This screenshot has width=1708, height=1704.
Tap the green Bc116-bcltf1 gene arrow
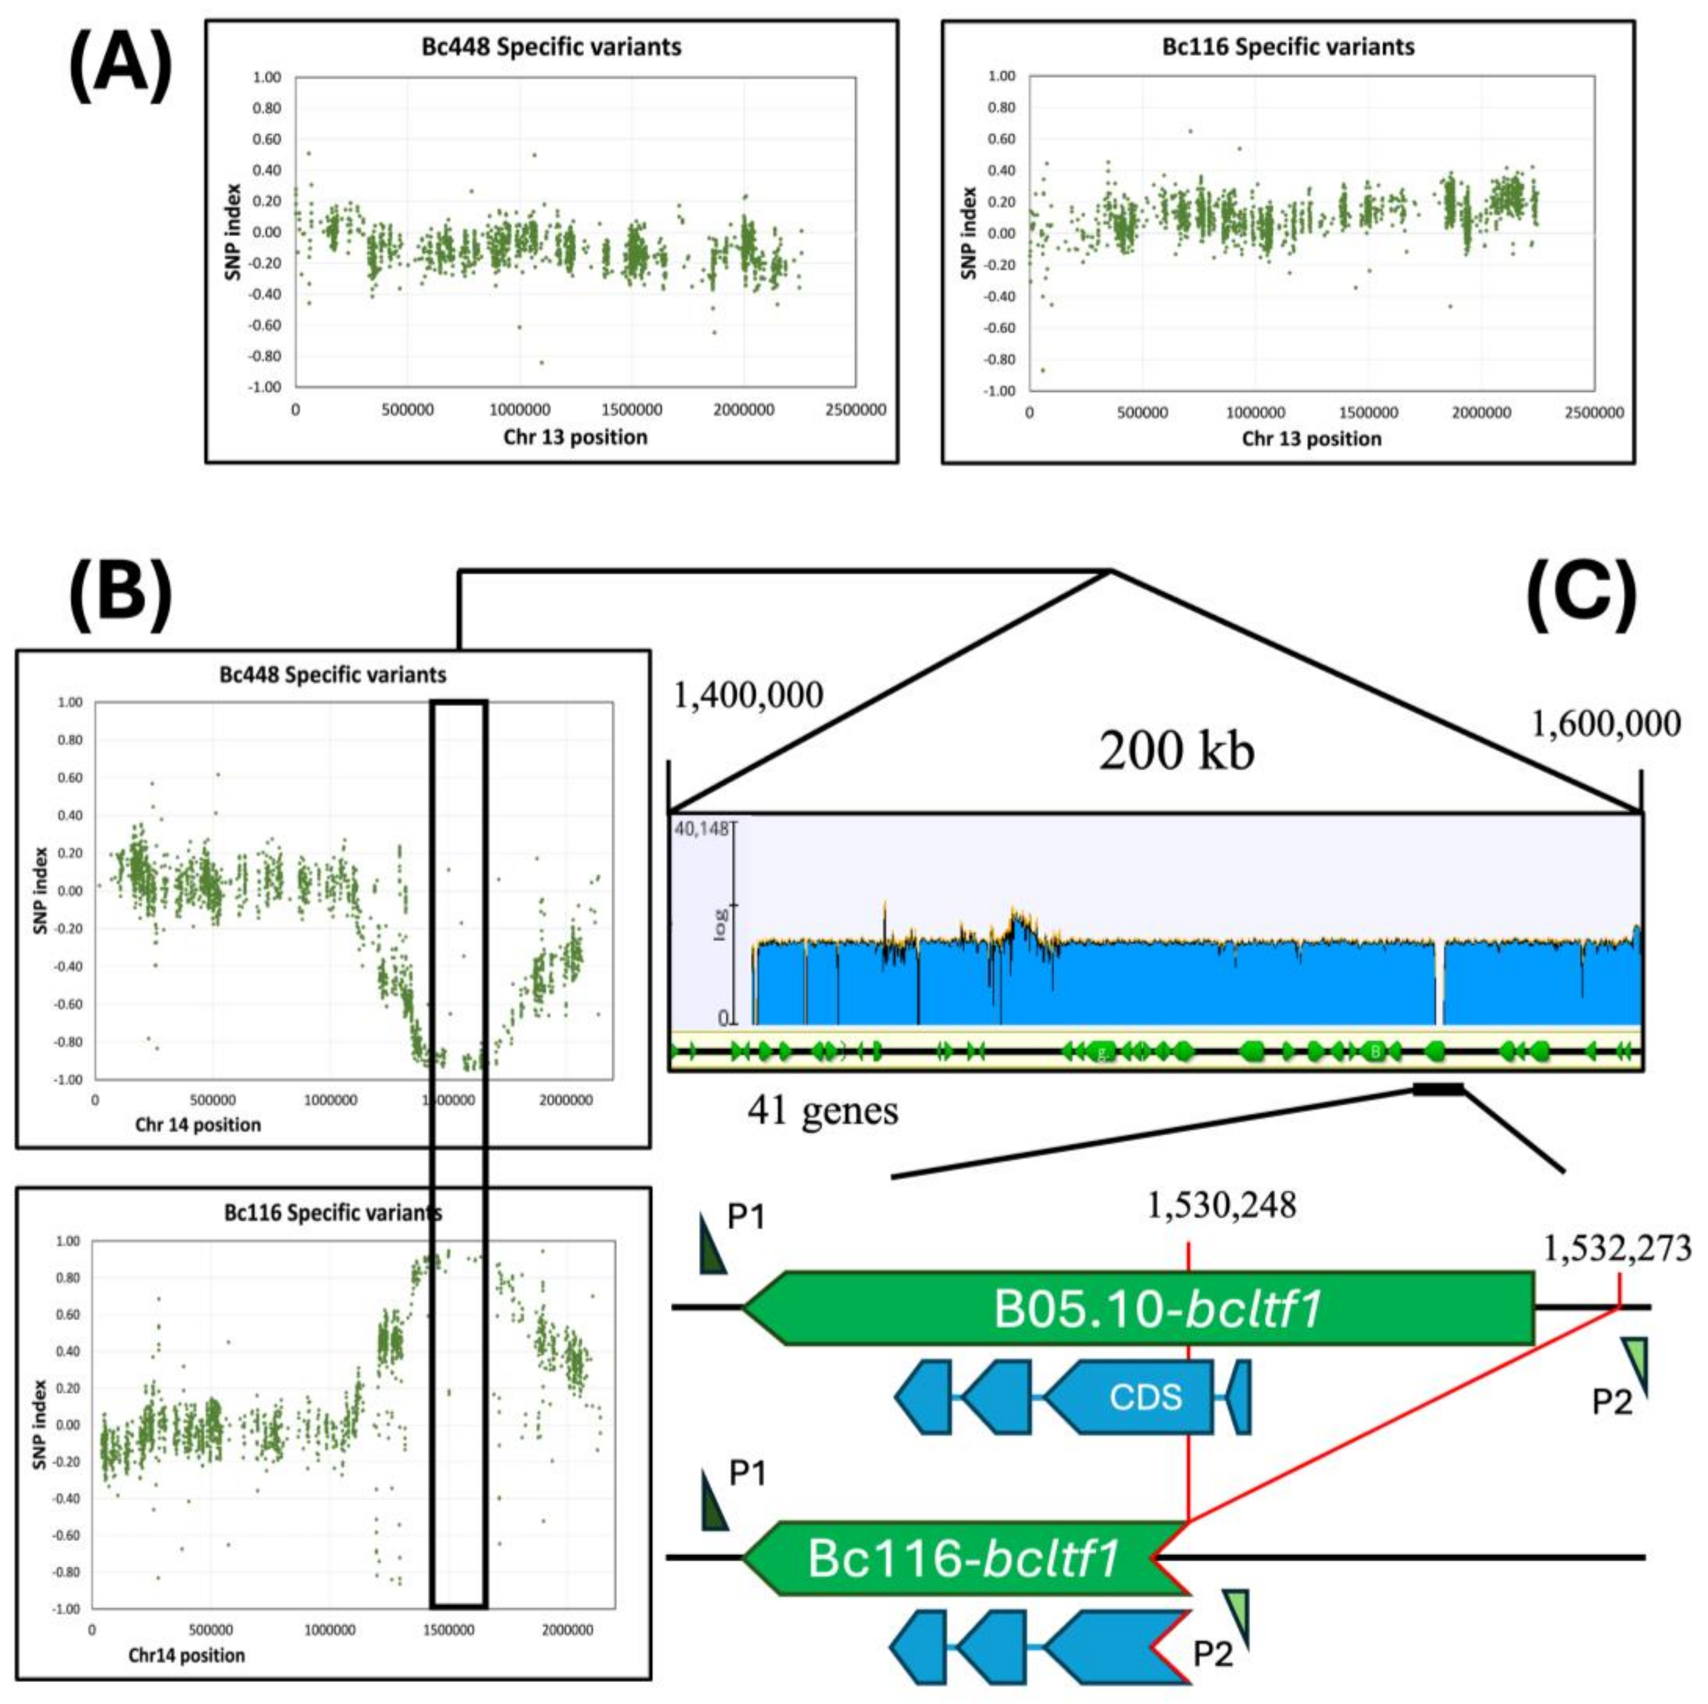(964, 1558)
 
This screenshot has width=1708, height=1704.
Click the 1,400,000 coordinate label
(749, 695)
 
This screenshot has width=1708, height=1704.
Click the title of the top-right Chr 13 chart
(1288, 47)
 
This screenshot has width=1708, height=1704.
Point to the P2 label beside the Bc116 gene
(1213, 1653)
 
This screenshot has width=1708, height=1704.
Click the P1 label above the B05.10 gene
(745, 1217)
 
